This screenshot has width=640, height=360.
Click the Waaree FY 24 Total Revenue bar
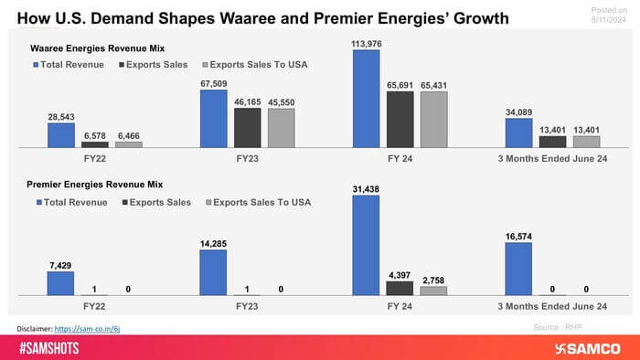pyautogui.click(x=366, y=99)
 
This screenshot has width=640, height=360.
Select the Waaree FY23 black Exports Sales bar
pyautogui.click(x=247, y=128)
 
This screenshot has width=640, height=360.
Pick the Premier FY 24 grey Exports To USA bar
pyautogui.click(x=433, y=290)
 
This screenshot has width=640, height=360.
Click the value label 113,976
pyautogui.click(x=366, y=43)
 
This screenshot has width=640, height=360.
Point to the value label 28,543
pyautogui.click(x=61, y=117)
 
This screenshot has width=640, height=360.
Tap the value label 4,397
pyautogui.click(x=400, y=273)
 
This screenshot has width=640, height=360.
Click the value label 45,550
pyautogui.click(x=281, y=101)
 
